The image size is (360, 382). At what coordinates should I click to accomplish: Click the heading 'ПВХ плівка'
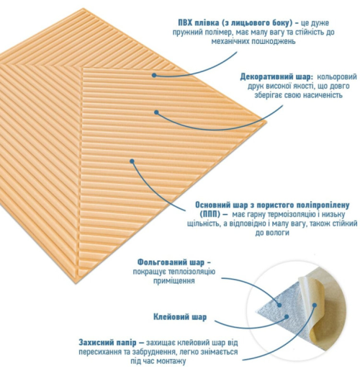pyautogui.click(x=199, y=23)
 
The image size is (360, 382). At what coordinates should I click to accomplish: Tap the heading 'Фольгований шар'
pyautogui.click(x=171, y=262)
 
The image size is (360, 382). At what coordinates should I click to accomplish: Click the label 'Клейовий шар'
pyautogui.click(x=180, y=317)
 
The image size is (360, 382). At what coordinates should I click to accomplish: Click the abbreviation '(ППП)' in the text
pyautogui.click(x=210, y=214)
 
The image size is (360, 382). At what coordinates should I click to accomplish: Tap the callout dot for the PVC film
pyautogui.click(x=154, y=75)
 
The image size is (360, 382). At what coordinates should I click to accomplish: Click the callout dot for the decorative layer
pyautogui.click(x=157, y=112)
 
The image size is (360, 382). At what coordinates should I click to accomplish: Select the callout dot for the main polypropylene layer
pyautogui.click(x=132, y=161)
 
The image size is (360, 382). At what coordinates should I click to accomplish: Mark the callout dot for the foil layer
pyautogui.click(x=279, y=305)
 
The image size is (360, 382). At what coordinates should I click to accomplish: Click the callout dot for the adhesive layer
pyautogui.click(x=287, y=316)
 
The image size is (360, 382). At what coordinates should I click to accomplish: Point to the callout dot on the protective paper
pyautogui.click(x=315, y=305)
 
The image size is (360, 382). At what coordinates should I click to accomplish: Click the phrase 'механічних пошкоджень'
pyautogui.click(x=253, y=41)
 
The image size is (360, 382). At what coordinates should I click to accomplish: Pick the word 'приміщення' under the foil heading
pyautogui.click(x=174, y=280)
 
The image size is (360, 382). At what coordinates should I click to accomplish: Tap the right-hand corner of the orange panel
pyautogui.click(x=266, y=121)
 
